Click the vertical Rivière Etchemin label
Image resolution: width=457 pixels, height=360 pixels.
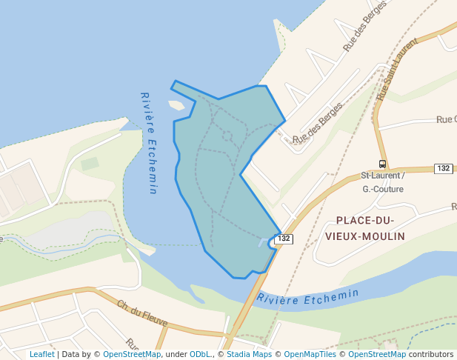pyautogui.click(x=149, y=143)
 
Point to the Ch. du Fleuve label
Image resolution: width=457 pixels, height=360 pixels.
pyautogui.click(x=142, y=314)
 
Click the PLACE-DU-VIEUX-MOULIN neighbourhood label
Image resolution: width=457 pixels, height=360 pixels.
pyautogui.click(x=365, y=228)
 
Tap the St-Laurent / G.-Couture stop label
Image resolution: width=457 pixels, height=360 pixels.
pyautogui.click(x=382, y=182)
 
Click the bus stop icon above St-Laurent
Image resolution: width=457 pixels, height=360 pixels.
pyautogui.click(x=382, y=164)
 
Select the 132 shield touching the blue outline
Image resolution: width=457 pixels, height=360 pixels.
pyautogui.click(x=284, y=239)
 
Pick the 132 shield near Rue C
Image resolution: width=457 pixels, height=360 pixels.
pyautogui.click(x=444, y=168)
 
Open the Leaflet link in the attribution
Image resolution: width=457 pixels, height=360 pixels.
pyautogui.click(x=42, y=354)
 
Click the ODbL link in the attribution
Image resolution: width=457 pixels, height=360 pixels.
pyautogui.click(x=201, y=354)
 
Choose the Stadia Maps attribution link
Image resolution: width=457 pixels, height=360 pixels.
pyautogui.click(x=249, y=354)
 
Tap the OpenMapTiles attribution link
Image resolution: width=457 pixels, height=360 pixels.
pyautogui.click(x=310, y=354)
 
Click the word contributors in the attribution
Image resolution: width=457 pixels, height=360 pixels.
pyautogui.click(x=431, y=354)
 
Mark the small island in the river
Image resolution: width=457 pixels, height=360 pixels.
pyautogui.click(x=176, y=105)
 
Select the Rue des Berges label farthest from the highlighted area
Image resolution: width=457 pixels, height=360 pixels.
pyautogui.click(x=365, y=31)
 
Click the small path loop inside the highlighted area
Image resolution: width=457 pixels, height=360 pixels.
pyautogui.click(x=227, y=136)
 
